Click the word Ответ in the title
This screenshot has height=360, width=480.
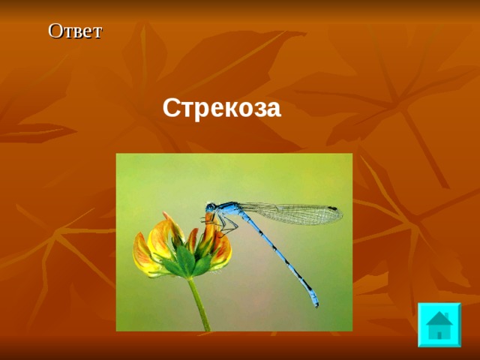coord(75,31)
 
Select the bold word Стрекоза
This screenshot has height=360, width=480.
coord(221,109)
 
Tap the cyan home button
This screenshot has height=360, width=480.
coord(439,324)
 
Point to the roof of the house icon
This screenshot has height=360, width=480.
coord(438,316)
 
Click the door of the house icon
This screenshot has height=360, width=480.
coord(439,333)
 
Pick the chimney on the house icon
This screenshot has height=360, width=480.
coord(446,314)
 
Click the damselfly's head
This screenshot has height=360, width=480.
coord(211,206)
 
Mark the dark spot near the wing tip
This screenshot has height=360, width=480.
coord(331,208)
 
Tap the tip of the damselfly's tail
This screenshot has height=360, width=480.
coord(315,304)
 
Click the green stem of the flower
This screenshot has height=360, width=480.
coord(199,304)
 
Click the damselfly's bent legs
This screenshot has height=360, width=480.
coord(225,222)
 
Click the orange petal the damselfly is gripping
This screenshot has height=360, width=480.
coord(211,229)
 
